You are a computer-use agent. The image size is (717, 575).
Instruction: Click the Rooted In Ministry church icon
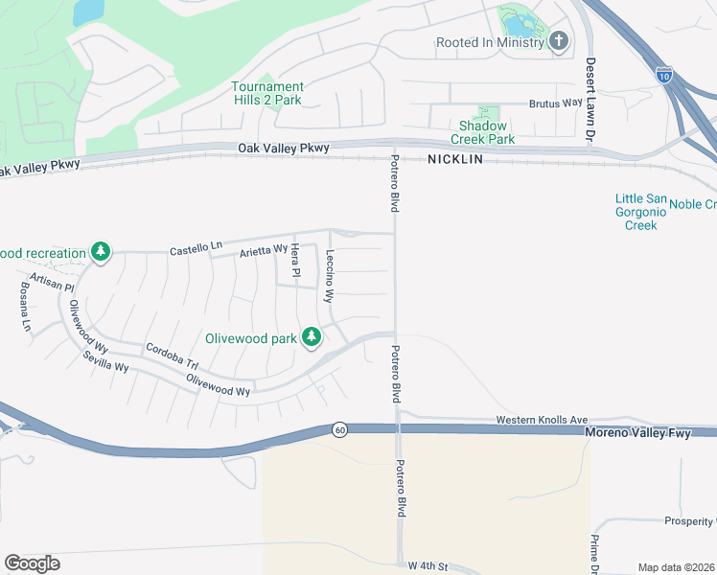pos(559,41)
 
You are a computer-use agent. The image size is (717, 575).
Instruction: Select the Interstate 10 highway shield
pos(665,73)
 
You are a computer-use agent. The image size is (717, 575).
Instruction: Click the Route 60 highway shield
pos(339,429)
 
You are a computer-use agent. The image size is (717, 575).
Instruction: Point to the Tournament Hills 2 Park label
pos(267,93)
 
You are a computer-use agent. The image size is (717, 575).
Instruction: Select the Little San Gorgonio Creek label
pos(636,212)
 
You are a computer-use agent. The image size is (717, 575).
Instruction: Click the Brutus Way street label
pos(555,103)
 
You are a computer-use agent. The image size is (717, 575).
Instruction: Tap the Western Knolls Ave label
pos(542,420)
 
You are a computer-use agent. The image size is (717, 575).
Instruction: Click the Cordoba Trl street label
pos(171,355)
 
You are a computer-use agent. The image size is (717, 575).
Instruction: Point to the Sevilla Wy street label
pos(105,360)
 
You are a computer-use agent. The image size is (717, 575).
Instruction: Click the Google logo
pos(32,563)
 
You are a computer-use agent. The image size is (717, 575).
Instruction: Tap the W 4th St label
pos(428,566)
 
